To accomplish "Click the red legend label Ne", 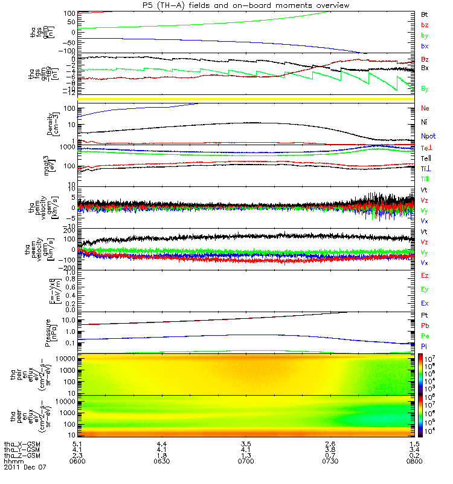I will click(425, 108).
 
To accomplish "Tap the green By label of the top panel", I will click(425, 36).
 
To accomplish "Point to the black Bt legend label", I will click(425, 14).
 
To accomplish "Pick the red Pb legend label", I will click(425, 326).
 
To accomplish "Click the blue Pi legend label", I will click(425, 346).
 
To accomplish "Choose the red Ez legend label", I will click(425, 275).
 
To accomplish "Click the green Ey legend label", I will click(425, 289).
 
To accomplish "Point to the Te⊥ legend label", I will click(426, 148).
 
